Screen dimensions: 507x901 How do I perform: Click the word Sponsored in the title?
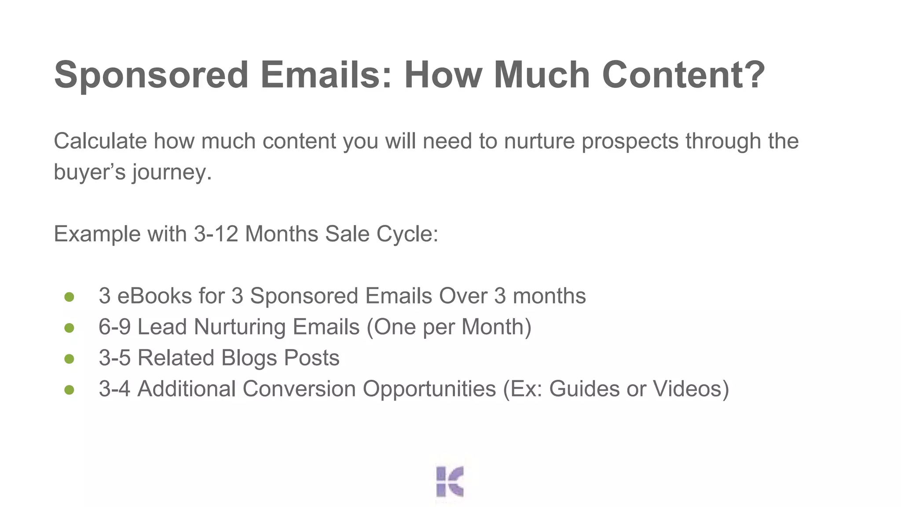pyautogui.click(x=151, y=75)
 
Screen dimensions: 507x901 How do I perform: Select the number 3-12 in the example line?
pyautogui.click(x=216, y=234)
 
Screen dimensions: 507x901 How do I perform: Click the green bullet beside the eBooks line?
pyautogui.click(x=69, y=297)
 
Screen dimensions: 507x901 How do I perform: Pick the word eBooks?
pyautogui.click(x=154, y=296)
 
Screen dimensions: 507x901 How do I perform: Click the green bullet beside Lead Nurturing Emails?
pyautogui.click(x=69, y=328)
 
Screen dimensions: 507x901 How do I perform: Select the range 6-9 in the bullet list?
pyautogui.click(x=114, y=327)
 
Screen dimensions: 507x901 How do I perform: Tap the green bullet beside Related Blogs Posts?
pyautogui.click(x=69, y=359)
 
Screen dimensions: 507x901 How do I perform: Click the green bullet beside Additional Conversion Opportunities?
pyautogui.click(x=69, y=390)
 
